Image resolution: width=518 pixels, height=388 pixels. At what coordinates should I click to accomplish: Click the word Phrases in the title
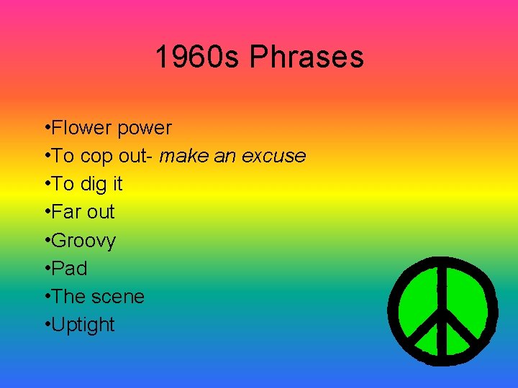click(306, 57)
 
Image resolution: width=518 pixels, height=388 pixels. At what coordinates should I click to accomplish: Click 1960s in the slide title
click(198, 57)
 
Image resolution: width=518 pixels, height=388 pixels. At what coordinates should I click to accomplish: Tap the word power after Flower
click(145, 129)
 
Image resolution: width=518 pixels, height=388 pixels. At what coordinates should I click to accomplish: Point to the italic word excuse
click(273, 156)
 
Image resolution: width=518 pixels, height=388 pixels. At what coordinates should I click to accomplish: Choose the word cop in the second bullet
click(93, 157)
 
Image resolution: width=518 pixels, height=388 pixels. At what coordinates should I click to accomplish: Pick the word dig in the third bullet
click(91, 185)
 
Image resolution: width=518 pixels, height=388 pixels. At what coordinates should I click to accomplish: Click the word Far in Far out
click(66, 212)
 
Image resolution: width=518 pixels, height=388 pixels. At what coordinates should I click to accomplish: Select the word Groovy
click(84, 241)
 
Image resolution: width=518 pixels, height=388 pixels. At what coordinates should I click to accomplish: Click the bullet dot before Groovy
click(46, 240)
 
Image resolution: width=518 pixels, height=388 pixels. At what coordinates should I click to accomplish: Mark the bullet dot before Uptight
click(46, 324)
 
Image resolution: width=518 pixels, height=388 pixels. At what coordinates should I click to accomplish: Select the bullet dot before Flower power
click(46, 128)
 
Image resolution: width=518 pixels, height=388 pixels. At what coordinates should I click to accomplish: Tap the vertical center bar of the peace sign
click(442, 295)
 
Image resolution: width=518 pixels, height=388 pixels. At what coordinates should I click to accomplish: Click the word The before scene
click(68, 297)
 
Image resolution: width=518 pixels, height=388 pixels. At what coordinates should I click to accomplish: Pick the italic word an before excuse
click(223, 156)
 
